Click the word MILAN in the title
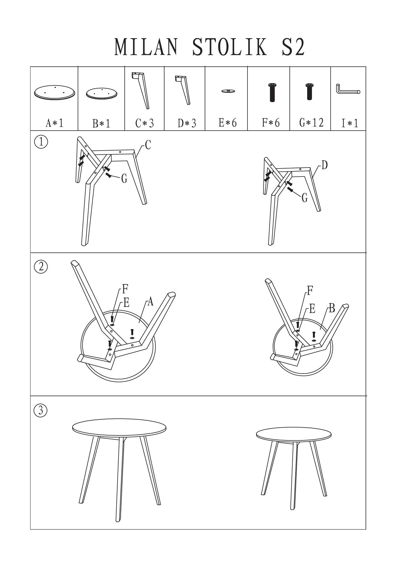pyautogui.click(x=146, y=47)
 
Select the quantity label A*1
pyautogui.click(x=55, y=123)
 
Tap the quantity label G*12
pyautogui.click(x=311, y=122)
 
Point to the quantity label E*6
pyautogui.click(x=228, y=122)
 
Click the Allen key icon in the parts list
pyautogui.click(x=348, y=89)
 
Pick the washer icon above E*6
pyautogui.click(x=228, y=91)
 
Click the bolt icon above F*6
pyautogui.click(x=272, y=92)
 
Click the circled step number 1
pyautogui.click(x=41, y=142)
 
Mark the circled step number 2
pyautogui.click(x=41, y=267)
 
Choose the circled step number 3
pyautogui.click(x=41, y=411)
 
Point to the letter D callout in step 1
pyautogui.click(x=324, y=165)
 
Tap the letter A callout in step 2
pyautogui.click(x=150, y=302)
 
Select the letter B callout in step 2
pyautogui.click(x=332, y=308)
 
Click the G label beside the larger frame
pyautogui.click(x=124, y=178)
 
